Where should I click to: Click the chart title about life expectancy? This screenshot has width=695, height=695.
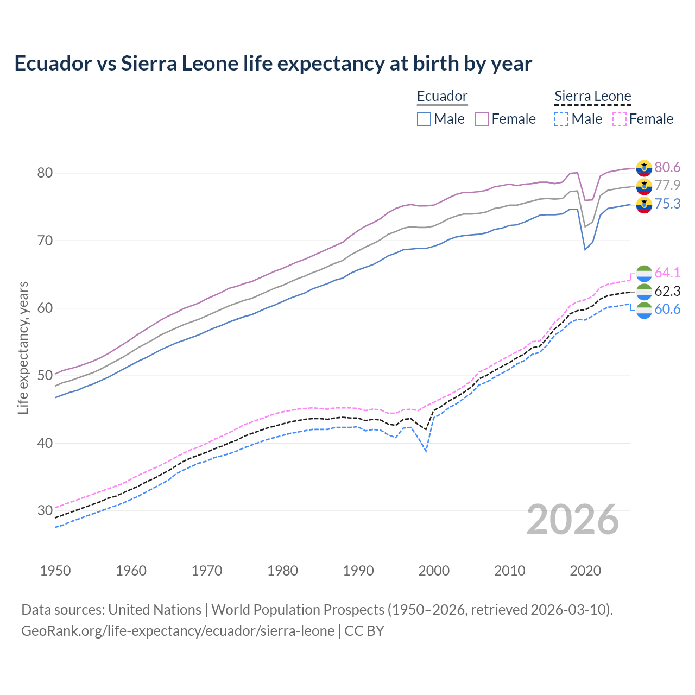point(273,64)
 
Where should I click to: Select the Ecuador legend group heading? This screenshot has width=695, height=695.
point(442,97)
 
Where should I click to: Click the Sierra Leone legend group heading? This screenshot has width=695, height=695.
point(592,97)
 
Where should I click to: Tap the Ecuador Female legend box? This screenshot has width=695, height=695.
point(482,119)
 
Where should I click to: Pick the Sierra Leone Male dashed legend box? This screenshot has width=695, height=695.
point(561,119)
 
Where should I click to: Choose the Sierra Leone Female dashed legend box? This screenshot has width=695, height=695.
point(620,119)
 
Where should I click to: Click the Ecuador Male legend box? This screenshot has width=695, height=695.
point(424,119)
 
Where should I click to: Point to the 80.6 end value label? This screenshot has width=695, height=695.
point(667,167)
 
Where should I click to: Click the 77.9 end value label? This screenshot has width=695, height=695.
point(667,186)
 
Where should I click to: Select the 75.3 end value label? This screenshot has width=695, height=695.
point(667,204)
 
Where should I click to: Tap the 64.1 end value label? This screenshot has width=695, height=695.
point(667,273)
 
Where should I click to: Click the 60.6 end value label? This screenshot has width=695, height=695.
point(667,309)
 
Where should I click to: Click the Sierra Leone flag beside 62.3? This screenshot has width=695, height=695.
point(644,291)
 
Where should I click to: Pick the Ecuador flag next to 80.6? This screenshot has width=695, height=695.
point(644,168)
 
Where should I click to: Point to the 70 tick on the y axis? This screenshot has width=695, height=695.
point(45,241)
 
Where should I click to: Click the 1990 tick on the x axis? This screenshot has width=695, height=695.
point(358,571)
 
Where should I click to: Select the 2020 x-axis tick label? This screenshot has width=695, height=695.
point(585,571)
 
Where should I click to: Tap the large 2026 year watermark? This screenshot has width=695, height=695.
point(573,520)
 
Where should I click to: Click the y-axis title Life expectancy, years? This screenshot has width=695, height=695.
point(23,347)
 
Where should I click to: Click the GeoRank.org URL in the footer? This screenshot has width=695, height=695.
point(178,631)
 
